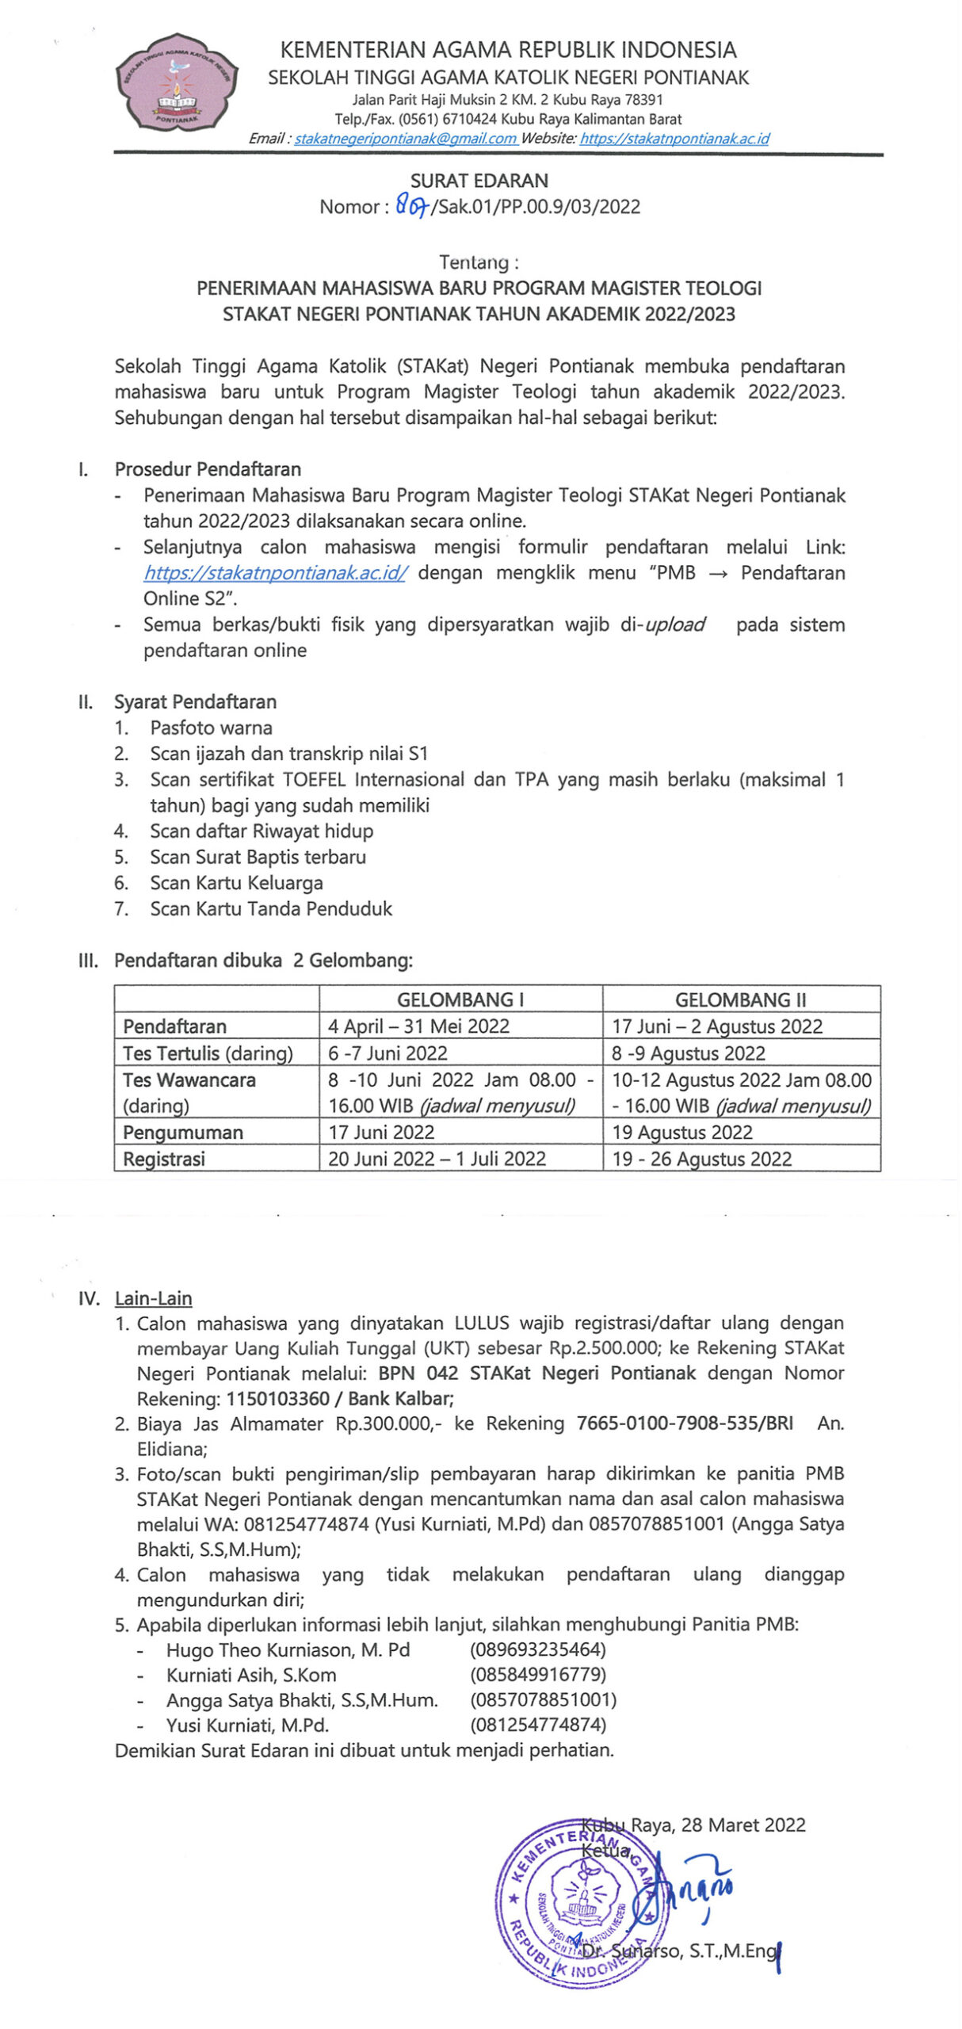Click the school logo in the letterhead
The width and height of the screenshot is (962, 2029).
pyautogui.click(x=177, y=83)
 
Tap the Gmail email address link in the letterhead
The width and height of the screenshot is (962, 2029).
pyautogui.click(x=405, y=139)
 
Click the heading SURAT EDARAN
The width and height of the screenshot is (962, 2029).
pyautogui.click(x=479, y=181)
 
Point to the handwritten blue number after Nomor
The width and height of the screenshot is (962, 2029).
pyautogui.click(x=411, y=207)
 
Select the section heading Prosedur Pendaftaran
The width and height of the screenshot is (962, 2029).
pyautogui.click(x=208, y=469)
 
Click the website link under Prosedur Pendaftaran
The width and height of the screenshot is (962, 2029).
pyautogui.click(x=275, y=573)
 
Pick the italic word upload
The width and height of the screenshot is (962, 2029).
pyautogui.click(x=674, y=625)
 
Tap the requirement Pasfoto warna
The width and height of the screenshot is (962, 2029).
pyautogui.click(x=211, y=728)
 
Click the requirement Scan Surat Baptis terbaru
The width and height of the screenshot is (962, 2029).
pyautogui.click(x=258, y=857)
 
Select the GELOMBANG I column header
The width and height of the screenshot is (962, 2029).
pyautogui.click(x=460, y=999)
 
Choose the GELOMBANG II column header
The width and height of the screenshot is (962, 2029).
pyautogui.click(x=740, y=999)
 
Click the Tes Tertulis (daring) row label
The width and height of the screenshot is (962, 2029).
pyautogui.click(x=208, y=1053)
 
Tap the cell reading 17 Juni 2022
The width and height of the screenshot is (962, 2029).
pyautogui.click(x=381, y=1132)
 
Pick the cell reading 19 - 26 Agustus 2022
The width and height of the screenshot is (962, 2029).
pyautogui.click(x=701, y=1159)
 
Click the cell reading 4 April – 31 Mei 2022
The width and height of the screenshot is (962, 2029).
pyautogui.click(x=418, y=1026)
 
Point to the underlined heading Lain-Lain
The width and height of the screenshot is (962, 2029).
pyautogui.click(x=153, y=1298)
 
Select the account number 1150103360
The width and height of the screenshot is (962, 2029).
pyautogui.click(x=277, y=1399)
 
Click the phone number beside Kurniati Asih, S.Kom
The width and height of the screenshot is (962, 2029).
pyautogui.click(x=537, y=1675)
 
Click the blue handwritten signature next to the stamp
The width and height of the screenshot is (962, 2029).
pyautogui.click(x=697, y=1890)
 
